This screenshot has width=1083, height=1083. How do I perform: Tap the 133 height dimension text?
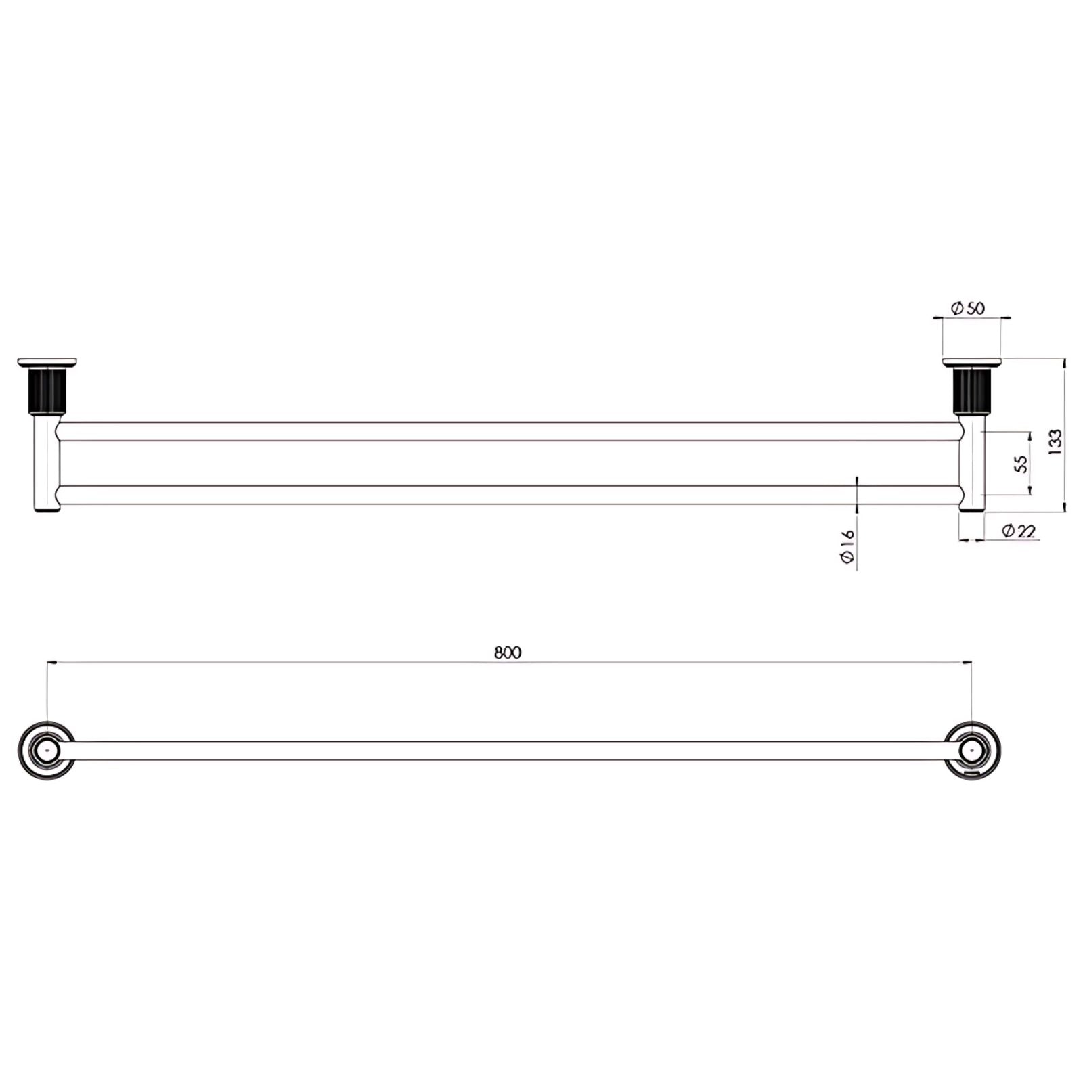point(1055,442)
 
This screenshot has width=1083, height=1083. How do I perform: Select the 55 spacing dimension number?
point(1021,464)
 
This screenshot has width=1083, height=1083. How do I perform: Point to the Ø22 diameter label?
point(1018,531)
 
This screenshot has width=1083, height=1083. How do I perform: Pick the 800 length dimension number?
point(508,653)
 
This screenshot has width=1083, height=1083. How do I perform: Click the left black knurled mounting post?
point(47,391)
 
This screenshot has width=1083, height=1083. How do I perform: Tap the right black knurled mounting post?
point(972,391)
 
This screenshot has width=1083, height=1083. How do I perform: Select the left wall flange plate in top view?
point(47,362)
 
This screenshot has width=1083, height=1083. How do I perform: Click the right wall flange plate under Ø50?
point(972,362)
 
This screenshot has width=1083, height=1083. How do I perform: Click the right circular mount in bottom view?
point(973,751)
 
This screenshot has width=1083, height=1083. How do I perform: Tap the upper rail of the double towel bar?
point(508,431)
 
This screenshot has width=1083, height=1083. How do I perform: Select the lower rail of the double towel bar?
point(508,495)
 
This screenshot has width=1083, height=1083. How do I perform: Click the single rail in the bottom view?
point(508,751)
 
